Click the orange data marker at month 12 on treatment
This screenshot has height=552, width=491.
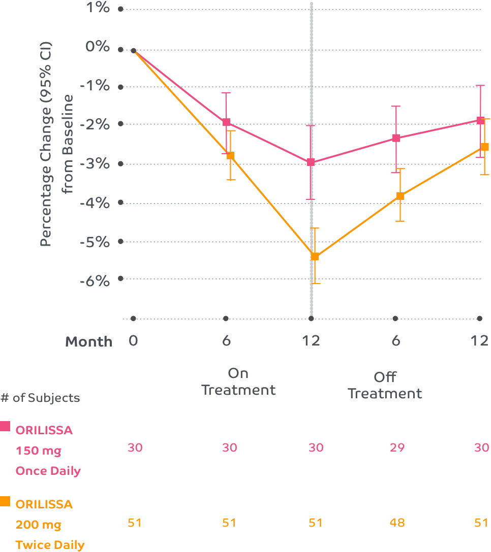(315, 256)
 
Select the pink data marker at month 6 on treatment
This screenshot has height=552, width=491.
(227, 122)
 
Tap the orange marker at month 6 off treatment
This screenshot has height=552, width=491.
(400, 196)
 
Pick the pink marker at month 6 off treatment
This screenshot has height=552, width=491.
(396, 137)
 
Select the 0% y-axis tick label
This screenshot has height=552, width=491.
(97, 47)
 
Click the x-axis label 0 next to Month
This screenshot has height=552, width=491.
(133, 340)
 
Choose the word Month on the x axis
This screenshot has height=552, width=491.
(89, 341)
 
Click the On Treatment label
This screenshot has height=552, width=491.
(238, 382)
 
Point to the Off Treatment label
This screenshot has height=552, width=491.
(385, 385)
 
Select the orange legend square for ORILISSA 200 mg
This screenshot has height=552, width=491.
(5, 501)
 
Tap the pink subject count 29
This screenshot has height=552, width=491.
(397, 447)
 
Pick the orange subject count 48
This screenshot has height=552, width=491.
(397, 523)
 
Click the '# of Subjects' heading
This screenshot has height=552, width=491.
(40, 398)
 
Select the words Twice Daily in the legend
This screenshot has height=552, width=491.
(50, 545)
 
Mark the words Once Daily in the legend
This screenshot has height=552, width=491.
(48, 471)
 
